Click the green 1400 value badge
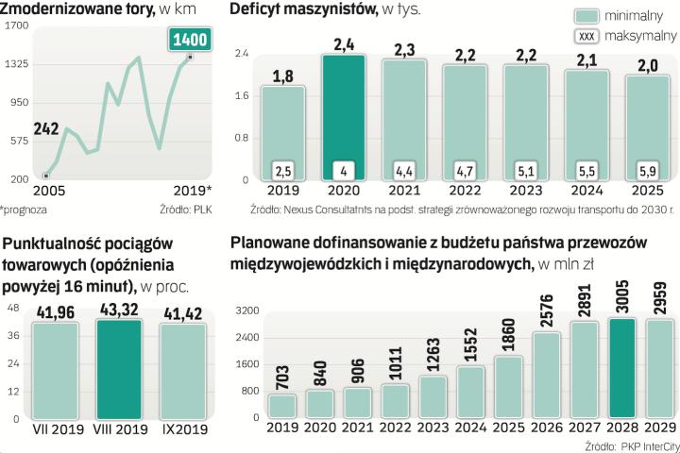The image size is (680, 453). pyautogui.click(x=190, y=40)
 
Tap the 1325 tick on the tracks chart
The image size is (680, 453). pyautogui.click(x=15, y=63)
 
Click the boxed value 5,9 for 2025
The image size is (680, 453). pyautogui.click(x=649, y=171)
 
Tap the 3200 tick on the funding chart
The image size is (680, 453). pyautogui.click(x=246, y=310)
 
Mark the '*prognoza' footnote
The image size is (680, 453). pyautogui.click(x=23, y=210)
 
